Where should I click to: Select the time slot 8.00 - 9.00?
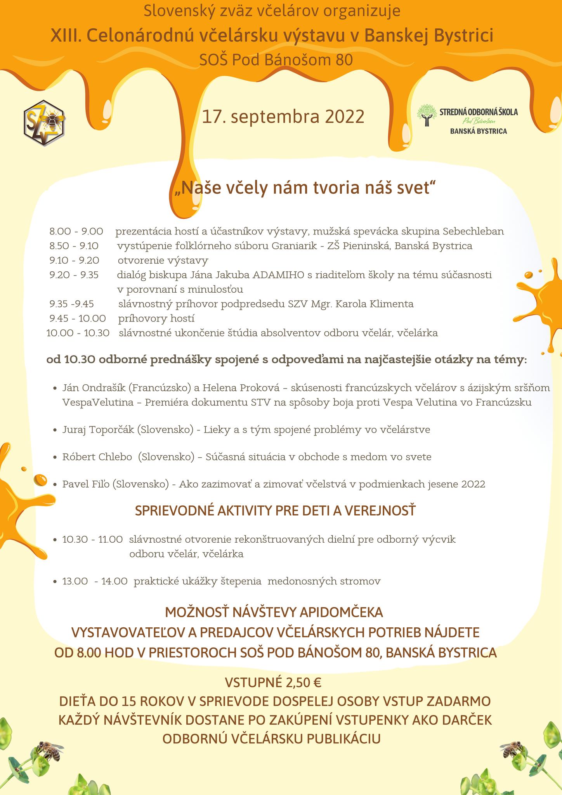(x=76, y=232)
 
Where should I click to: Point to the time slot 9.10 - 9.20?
(x=74, y=260)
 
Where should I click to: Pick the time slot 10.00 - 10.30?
(x=78, y=333)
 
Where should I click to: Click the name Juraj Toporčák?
(x=98, y=429)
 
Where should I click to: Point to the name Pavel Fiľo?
(x=86, y=484)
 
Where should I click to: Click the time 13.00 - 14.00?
(x=95, y=581)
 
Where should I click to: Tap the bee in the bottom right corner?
(x=512, y=750)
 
